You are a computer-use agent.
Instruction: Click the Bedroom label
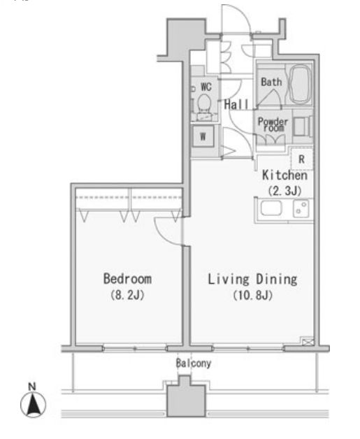point(128,279)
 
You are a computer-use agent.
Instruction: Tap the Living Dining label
point(252,280)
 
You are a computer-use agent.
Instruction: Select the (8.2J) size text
point(128,295)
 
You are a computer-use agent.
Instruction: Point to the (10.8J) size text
point(253,296)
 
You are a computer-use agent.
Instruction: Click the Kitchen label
point(285,175)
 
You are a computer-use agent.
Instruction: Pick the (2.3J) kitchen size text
point(285,191)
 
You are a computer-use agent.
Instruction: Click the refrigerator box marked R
point(301,159)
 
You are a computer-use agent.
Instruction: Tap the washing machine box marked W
point(203,136)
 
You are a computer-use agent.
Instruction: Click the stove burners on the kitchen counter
point(301,208)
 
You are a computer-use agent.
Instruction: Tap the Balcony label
point(194,363)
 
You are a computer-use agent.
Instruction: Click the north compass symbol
point(33,401)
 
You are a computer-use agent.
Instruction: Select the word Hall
point(236,104)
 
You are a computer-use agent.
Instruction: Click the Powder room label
point(273,124)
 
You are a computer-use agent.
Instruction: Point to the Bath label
point(271,82)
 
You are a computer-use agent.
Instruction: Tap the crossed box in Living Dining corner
point(308,341)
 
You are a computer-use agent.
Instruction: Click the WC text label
point(206,87)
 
